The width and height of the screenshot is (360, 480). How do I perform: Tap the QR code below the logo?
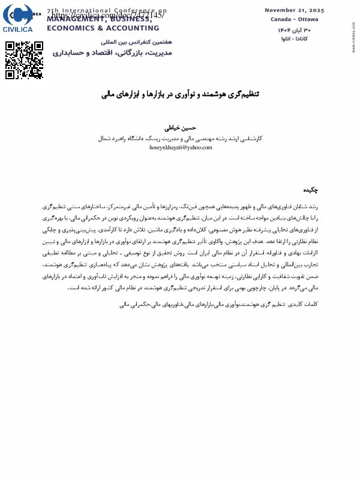coord(24,60)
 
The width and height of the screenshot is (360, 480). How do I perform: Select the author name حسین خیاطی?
coord(181,128)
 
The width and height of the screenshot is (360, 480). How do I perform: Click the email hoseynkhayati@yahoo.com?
coord(181,147)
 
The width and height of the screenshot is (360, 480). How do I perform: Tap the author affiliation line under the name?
coord(181,137)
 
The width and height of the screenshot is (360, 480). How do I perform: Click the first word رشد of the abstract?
coord(328,206)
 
